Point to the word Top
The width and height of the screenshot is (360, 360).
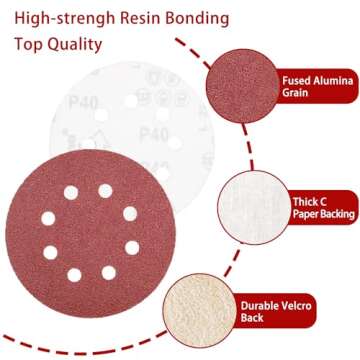[x=30, y=45]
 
